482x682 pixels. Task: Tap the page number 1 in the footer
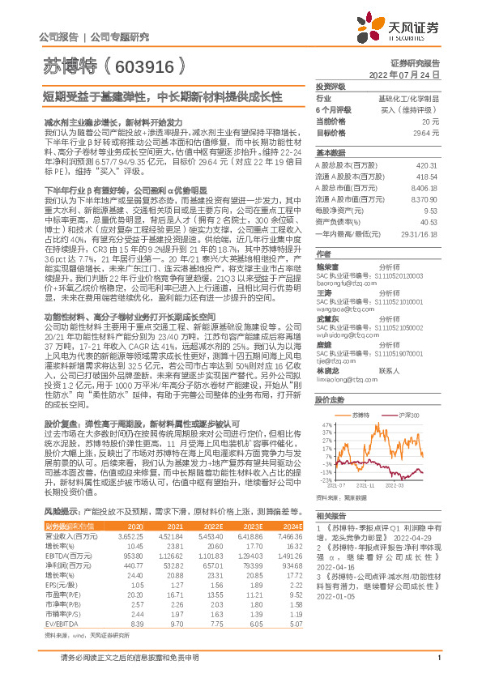click(437, 668)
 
